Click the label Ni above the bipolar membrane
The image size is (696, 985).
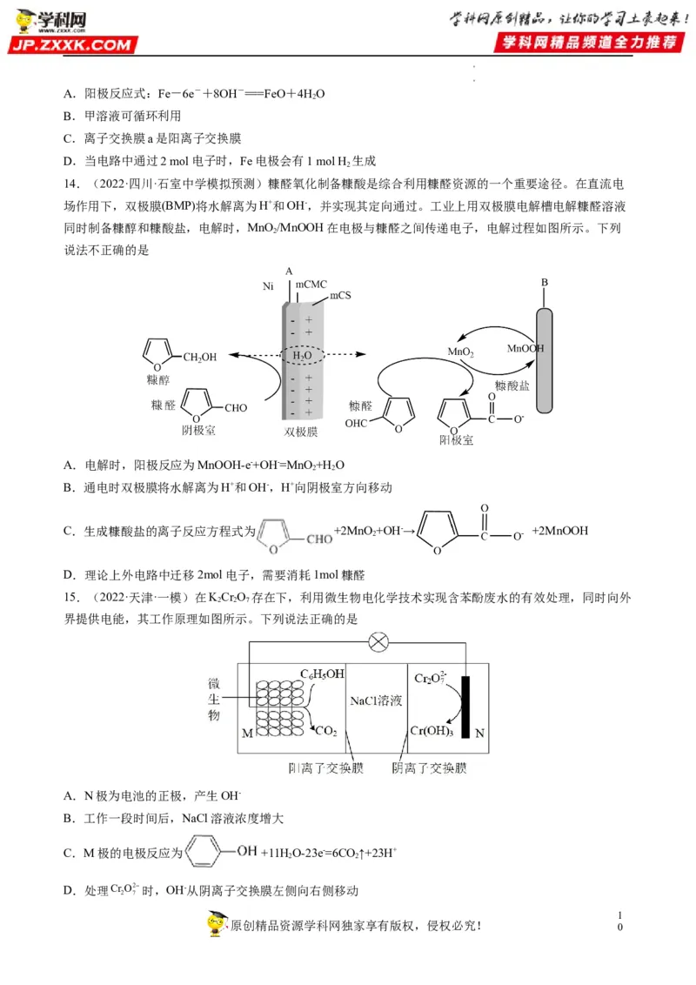coord(269,285)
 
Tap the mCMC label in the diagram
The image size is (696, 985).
coord(311,285)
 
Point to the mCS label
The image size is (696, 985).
coord(341,297)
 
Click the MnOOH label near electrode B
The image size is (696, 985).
coord(525,347)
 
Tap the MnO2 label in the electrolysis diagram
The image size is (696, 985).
coord(461,352)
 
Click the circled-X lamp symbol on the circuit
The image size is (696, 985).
coord(378,643)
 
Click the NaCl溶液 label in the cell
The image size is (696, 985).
coord(378,700)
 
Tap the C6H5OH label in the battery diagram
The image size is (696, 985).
coord(322,673)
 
